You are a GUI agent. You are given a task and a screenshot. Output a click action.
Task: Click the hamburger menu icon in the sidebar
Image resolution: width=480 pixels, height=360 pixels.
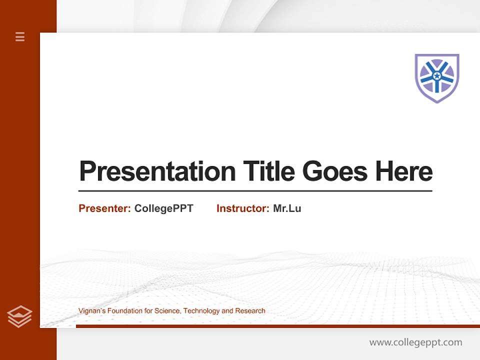20,36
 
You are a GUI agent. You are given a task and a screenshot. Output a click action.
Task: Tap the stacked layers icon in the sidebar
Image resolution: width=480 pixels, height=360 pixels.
19,316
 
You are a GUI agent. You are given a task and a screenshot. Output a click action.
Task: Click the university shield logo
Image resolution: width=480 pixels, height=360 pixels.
437,77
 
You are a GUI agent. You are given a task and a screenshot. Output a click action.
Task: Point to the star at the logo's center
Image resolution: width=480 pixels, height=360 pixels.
437,76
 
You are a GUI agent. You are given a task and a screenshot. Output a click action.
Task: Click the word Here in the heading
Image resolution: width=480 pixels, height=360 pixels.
404,171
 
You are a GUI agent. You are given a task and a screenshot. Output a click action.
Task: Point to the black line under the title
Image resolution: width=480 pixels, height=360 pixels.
255,191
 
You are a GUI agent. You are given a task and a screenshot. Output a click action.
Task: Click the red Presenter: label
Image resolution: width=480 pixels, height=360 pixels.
104,208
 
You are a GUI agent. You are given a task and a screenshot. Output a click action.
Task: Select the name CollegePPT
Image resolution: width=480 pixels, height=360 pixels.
163,208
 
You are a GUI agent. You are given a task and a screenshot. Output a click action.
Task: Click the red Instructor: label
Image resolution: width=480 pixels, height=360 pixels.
242,208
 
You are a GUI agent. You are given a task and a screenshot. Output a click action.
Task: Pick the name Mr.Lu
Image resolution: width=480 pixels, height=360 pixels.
287,208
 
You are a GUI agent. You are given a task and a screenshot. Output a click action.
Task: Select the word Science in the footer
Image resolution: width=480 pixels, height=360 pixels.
167,311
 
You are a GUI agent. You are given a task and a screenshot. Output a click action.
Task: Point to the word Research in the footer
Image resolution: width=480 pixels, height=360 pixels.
250,311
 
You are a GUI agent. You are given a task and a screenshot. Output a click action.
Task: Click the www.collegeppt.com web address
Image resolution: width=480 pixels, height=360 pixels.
415,342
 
